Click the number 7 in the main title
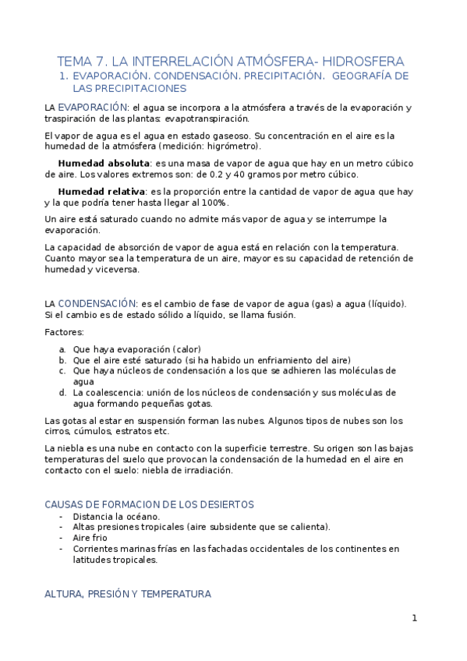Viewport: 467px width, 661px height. [x=101, y=61]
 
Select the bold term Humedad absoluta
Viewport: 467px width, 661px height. [x=104, y=163]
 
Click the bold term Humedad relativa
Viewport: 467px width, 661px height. [x=101, y=191]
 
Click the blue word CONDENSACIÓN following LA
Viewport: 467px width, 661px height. [x=97, y=303]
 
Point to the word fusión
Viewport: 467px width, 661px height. [x=278, y=314]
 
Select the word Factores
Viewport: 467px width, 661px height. [x=69, y=331]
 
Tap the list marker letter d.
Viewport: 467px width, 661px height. [x=62, y=392]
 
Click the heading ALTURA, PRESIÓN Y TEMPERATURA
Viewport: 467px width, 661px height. [x=128, y=593]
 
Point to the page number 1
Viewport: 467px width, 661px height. [x=415, y=618]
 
